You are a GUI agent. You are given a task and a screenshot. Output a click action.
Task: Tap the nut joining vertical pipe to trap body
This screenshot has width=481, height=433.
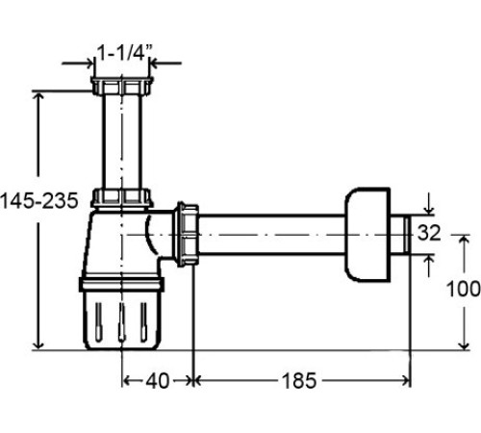122,199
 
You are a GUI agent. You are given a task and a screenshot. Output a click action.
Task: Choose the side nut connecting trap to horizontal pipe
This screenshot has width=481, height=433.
188,234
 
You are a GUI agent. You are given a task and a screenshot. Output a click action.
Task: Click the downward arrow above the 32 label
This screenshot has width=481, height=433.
429,210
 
